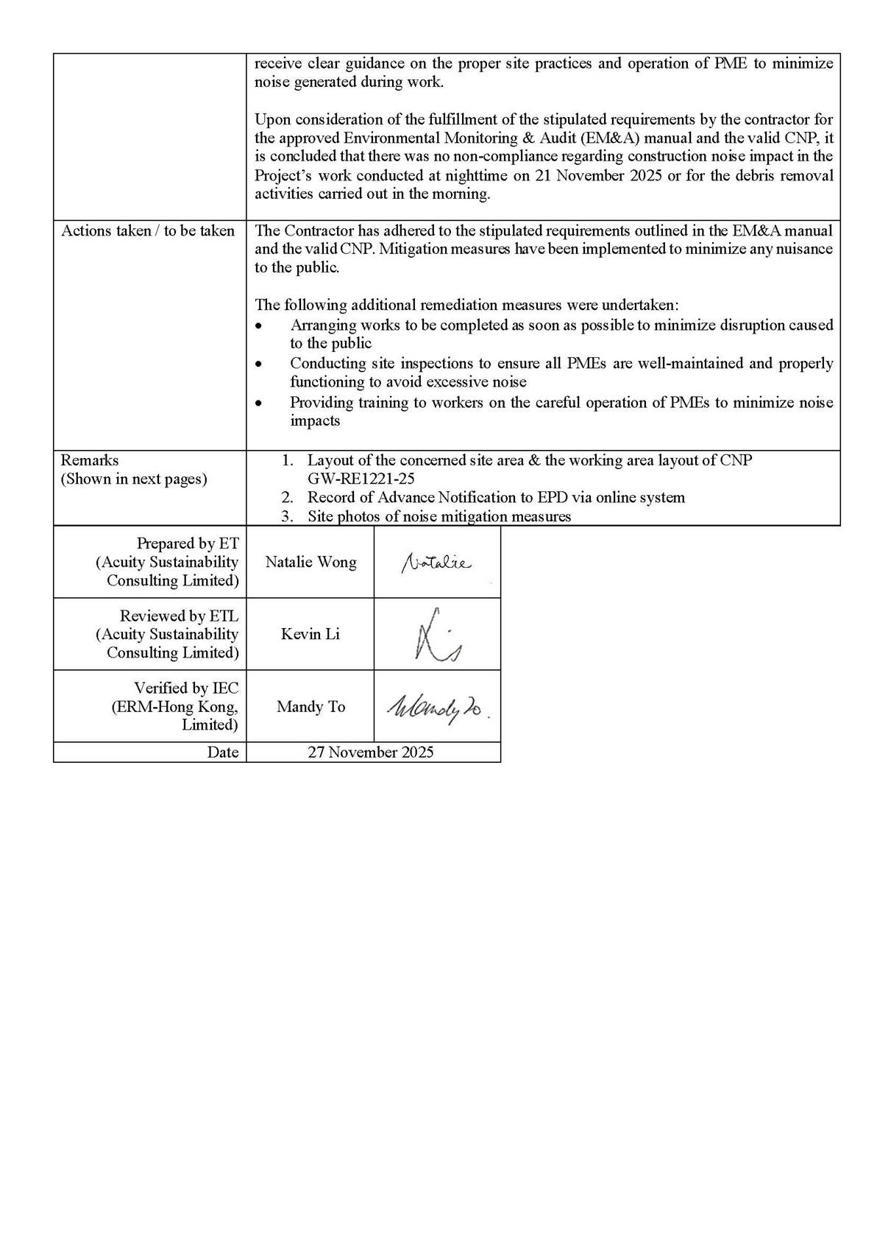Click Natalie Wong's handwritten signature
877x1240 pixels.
point(436,563)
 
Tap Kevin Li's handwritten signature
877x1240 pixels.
point(437,635)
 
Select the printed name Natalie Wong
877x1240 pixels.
point(310,563)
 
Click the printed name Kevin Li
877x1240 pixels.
point(310,635)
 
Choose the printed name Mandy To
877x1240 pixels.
point(310,707)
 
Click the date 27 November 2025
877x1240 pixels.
point(371,753)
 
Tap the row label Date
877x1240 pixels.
point(223,753)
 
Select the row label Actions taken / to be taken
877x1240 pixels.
point(148,231)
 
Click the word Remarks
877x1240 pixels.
point(90,461)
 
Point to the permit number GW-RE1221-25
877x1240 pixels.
point(361,479)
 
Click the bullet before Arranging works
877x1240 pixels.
point(258,326)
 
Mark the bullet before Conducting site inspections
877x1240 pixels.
point(258,364)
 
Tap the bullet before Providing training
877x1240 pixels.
point(258,404)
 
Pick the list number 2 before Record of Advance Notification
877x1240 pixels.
point(287,498)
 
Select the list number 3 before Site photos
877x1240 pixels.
point(287,517)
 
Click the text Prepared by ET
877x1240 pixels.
point(188,543)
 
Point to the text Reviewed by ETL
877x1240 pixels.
point(179,616)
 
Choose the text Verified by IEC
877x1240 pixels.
point(186,688)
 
